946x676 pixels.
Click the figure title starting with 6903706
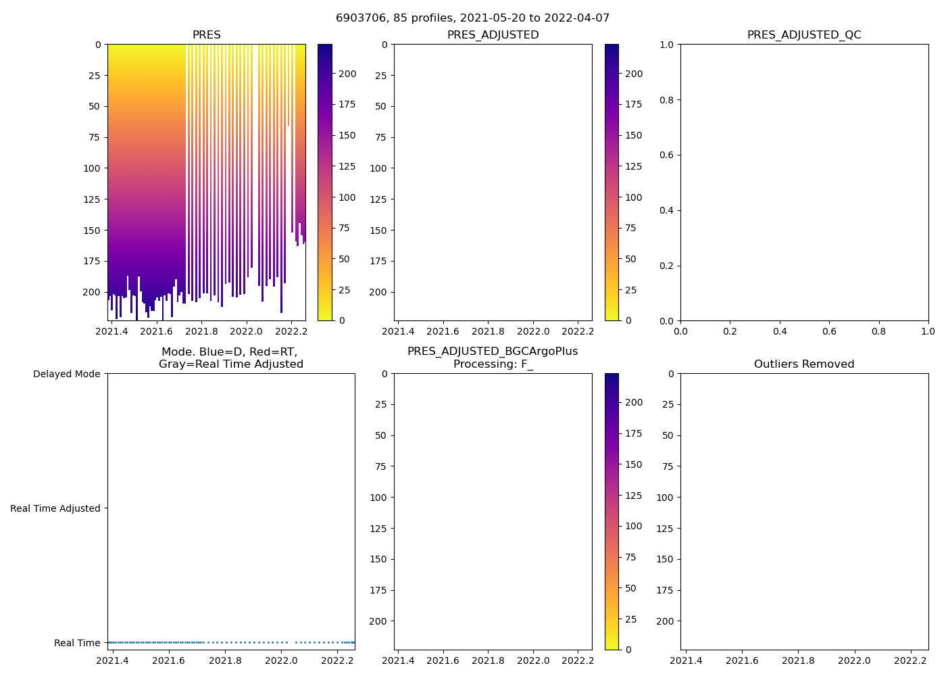[x=472, y=18]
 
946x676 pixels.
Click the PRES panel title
[x=206, y=35]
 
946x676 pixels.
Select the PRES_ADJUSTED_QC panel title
[x=803, y=35]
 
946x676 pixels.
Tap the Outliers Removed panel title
[x=803, y=364]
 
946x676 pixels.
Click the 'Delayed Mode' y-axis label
[x=66, y=375]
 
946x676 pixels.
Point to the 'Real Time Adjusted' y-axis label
[x=55, y=508]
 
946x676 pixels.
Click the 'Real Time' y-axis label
[x=77, y=643]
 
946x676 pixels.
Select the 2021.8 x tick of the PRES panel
[x=201, y=331]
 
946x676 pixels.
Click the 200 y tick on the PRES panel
[x=91, y=292]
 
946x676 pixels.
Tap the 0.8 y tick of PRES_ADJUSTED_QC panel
[x=667, y=100]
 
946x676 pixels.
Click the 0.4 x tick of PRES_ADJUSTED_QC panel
[x=780, y=331]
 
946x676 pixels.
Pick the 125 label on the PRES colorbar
[x=347, y=166]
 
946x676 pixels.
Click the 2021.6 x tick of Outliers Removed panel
[x=742, y=660]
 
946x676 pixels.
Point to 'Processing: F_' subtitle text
[x=493, y=364]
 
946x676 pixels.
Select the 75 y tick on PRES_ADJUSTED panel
[x=380, y=137]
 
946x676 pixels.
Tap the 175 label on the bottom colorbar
[x=633, y=433]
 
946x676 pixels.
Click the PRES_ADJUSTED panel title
[x=493, y=35]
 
